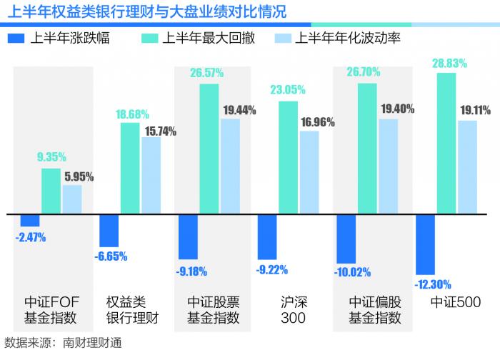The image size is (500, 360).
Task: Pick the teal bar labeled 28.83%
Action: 446,143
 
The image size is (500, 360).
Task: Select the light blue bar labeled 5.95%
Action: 72,199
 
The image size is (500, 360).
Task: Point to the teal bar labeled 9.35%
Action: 51,191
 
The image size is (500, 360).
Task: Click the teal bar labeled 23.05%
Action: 289,157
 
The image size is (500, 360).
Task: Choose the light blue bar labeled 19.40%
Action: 388,166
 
